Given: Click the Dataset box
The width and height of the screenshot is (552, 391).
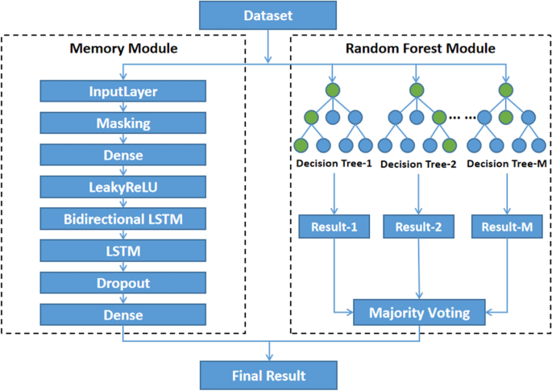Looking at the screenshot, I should tap(268, 16).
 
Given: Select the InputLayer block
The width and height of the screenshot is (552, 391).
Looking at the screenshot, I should tap(123, 91).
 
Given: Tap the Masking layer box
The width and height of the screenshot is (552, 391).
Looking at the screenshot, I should tap(123, 123).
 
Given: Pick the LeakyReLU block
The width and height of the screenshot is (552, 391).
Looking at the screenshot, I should tap(123, 187).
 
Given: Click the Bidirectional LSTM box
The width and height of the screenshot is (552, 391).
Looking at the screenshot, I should tap(123, 218).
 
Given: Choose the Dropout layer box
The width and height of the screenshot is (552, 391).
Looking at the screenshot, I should tap(123, 283).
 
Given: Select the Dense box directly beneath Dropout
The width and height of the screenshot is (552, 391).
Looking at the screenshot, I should tap(123, 314).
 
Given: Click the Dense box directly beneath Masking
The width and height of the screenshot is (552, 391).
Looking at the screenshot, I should tap(123, 155).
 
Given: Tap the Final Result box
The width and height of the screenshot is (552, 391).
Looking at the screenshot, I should tap(268, 374).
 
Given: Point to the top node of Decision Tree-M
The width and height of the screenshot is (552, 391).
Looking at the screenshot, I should tap(505, 89).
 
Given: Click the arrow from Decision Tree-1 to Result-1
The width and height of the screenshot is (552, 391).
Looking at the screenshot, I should tap(334, 193).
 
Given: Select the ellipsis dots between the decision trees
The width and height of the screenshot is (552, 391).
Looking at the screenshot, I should tap(461, 117).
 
